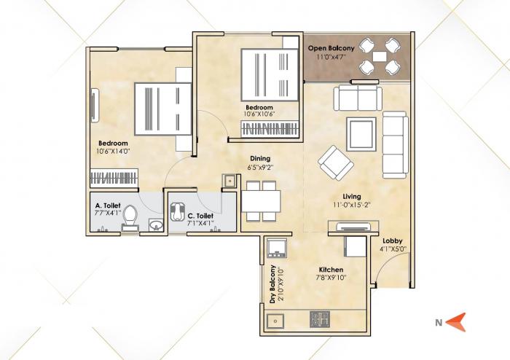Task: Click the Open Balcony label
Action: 331,48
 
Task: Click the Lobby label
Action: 393,240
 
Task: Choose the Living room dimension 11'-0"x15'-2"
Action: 353,206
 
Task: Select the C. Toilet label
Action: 200,216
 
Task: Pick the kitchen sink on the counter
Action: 275,318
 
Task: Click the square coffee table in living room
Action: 361,132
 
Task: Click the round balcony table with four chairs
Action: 380,57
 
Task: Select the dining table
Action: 260,199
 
